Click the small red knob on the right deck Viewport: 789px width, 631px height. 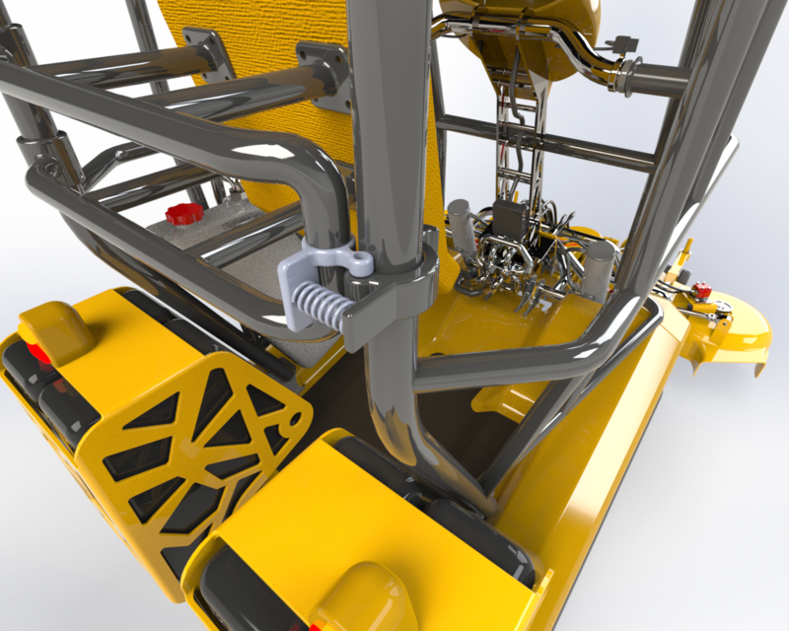pyautogui.click(x=701, y=291)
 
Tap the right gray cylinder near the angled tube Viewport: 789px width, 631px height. pyautogui.click(x=600, y=264)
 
